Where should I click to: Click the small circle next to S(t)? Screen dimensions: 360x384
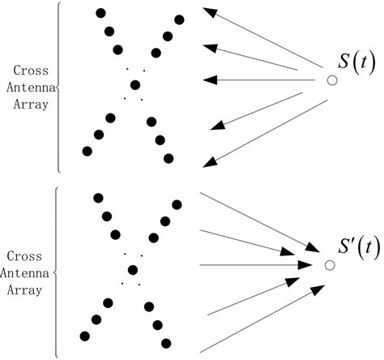[x=331, y=80]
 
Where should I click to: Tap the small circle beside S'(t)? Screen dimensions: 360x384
[x=330, y=265]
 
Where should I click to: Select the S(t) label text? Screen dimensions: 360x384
[x=357, y=62]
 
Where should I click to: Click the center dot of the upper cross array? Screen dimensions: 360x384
[x=135, y=84]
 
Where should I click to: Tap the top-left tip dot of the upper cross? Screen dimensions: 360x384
[x=101, y=13]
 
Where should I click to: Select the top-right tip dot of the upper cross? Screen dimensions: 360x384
[x=179, y=18]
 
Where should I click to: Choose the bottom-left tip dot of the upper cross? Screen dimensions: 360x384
[x=87, y=151]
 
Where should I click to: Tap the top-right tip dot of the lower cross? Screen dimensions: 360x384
[x=177, y=202]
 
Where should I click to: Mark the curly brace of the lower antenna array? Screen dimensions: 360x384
[x=56, y=271]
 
